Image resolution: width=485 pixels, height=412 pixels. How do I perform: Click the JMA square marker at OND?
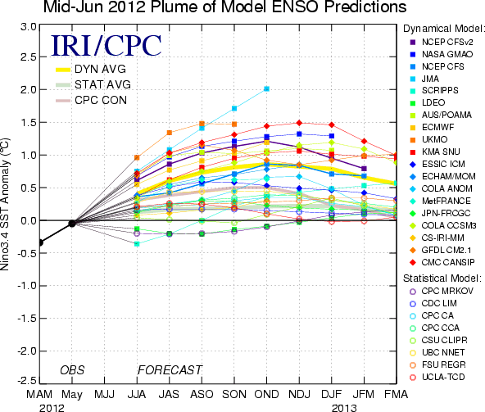[266, 89]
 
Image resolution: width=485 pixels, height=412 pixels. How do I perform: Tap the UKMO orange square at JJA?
[137, 158]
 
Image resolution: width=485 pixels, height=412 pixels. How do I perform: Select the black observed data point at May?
[72, 224]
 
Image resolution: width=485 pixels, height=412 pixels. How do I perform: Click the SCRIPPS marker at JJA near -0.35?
[137, 244]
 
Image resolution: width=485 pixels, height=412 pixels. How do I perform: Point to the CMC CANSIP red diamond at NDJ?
[299, 123]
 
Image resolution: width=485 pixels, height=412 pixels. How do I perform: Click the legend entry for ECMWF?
[433, 128]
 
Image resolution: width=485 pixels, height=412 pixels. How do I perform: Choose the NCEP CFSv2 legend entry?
[442, 42]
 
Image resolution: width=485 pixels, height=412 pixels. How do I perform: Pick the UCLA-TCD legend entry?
[437, 377]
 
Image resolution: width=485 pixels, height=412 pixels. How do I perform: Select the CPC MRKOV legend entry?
[442, 292]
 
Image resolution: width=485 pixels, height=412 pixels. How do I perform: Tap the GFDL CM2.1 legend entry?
[441, 250]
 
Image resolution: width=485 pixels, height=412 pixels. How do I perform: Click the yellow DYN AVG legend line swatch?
[63, 70]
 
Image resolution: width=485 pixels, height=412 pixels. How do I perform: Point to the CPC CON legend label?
[101, 100]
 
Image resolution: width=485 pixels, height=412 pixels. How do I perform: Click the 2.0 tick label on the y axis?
[28, 90]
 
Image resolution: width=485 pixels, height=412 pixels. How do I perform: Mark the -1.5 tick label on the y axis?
[26, 319]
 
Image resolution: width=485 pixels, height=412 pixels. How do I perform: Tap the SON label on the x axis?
[234, 394]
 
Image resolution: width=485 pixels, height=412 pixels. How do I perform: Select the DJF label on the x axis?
[332, 394]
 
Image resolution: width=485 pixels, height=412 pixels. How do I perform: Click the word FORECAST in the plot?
[170, 370]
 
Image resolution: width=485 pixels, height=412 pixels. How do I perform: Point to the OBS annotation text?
[72, 370]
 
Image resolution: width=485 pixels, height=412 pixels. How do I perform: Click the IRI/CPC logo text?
[107, 46]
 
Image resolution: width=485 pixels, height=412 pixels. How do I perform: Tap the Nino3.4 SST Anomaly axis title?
[5, 205]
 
